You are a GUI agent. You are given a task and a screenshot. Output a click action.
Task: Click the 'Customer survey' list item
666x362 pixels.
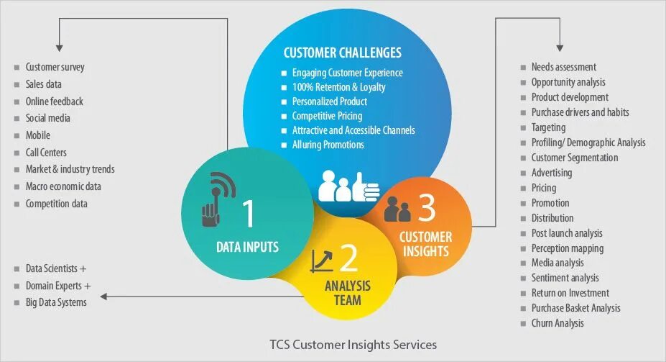click(55, 67)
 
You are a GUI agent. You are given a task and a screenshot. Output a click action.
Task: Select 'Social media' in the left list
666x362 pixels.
click(47, 118)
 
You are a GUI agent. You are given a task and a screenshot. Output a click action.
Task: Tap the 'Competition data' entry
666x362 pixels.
click(56, 204)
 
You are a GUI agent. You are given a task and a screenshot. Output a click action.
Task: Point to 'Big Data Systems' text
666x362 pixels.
click(56, 302)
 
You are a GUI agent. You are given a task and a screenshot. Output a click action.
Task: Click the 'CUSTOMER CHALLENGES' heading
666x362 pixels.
click(342, 53)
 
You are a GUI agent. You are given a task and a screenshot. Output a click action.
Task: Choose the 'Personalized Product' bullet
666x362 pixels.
click(329, 101)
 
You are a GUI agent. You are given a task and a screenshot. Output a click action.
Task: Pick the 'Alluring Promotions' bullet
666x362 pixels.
click(328, 145)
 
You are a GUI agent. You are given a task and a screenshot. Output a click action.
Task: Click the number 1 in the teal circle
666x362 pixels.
click(249, 214)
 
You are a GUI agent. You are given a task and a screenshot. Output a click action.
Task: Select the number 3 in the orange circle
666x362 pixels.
click(427, 208)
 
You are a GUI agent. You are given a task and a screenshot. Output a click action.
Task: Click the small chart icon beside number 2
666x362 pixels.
click(321, 261)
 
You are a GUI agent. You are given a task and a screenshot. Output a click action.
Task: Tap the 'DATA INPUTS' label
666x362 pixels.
click(247, 248)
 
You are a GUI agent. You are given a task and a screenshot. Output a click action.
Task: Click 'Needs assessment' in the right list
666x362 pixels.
click(563, 67)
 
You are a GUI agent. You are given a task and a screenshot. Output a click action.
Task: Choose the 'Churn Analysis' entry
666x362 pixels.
click(557, 323)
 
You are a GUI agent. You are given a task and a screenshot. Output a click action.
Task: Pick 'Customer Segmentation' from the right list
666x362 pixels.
click(574, 158)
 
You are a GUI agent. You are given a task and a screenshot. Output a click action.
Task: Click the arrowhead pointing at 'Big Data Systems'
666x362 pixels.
click(105, 296)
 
